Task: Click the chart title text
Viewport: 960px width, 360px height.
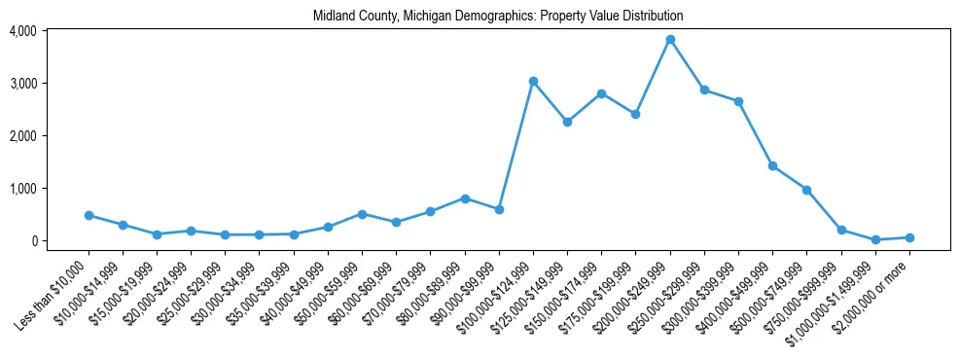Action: (498, 17)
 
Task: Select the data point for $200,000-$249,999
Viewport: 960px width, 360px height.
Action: (670, 40)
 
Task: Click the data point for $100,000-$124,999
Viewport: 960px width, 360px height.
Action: (533, 82)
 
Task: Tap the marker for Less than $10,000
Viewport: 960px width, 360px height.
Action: (89, 215)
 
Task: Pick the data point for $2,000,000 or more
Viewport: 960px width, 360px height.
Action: (909, 237)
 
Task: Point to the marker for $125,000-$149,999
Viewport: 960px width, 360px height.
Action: (567, 122)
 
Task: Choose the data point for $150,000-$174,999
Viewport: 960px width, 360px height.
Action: (601, 93)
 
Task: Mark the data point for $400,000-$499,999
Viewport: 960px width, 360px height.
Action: (772, 166)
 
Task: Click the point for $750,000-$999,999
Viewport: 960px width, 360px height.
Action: (841, 230)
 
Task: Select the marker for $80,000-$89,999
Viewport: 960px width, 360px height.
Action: (465, 198)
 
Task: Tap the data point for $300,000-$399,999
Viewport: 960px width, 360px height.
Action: (738, 101)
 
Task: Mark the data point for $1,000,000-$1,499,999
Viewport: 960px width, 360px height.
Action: (875, 239)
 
